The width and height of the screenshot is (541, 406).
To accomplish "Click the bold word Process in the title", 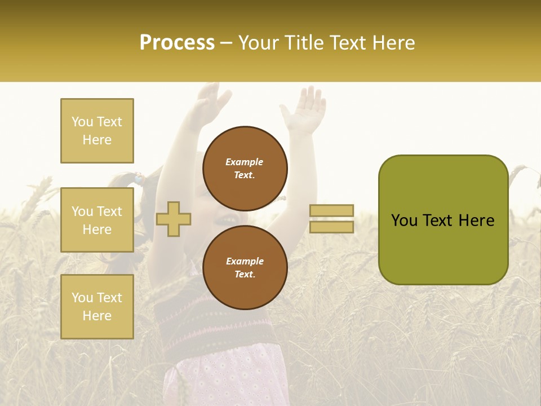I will coord(177,43).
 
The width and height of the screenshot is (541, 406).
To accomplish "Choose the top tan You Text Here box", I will coord(97,131).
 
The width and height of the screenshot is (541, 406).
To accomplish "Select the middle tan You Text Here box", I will coord(97,220).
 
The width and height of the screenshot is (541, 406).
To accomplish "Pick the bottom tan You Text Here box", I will coord(97,306).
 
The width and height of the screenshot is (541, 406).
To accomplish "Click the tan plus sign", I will coord(174,219).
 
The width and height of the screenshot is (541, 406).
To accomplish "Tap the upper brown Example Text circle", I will coord(245,169).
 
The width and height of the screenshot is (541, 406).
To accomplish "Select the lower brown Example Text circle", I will coord(245,267).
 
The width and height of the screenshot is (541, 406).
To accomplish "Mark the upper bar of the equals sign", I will coord(331,210).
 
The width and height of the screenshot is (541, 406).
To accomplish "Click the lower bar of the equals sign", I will coord(331,227).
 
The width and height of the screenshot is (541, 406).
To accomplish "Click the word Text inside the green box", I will coord(441,220).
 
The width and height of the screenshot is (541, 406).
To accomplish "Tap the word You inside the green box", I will coord(405,220).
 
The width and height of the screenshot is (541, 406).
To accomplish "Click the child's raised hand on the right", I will coord(305,110).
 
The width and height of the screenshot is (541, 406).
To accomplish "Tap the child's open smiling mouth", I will coord(228,219).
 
